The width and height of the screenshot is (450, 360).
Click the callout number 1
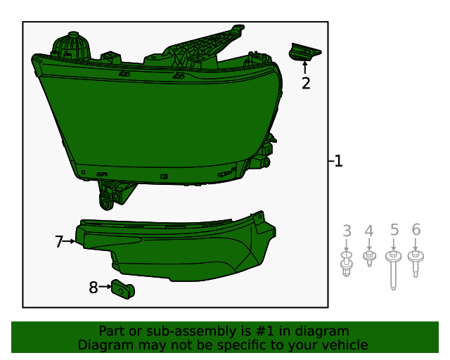click(338, 161)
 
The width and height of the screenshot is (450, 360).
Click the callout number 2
click(306, 84)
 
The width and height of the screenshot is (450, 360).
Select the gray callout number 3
click(347, 231)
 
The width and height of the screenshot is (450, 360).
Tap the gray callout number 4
click(369, 231)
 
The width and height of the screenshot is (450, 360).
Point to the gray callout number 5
click(394, 229)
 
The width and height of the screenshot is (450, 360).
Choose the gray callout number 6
click(416, 229)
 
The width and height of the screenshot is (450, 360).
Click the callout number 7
click(59, 242)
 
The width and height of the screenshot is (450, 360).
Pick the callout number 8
click(94, 287)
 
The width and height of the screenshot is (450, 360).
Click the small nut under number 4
click(369, 258)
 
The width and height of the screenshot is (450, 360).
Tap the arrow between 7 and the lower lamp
click(70, 241)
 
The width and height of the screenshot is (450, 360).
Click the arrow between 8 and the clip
click(105, 287)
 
